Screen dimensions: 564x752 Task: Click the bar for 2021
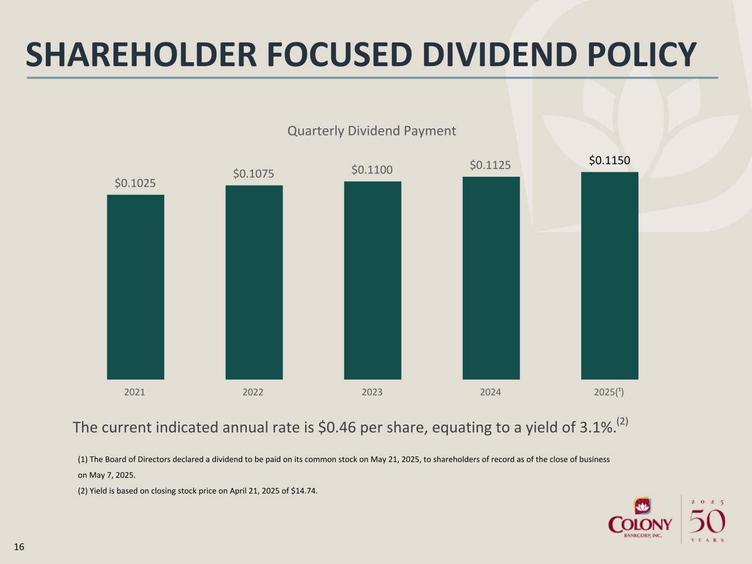coord(135,286)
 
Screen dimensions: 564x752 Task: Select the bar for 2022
coord(254,282)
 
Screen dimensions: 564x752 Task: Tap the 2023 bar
coord(372,280)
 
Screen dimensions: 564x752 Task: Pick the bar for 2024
coord(491,278)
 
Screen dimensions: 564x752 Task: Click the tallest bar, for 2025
coord(609,275)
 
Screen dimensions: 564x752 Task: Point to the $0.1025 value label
coord(135,183)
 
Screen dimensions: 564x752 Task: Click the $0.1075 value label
coord(253,174)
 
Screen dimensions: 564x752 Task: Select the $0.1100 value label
coord(372,170)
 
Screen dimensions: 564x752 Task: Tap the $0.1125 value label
coord(490,165)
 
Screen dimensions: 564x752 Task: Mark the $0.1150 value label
coord(609,160)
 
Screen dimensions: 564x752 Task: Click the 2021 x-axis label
coord(134,392)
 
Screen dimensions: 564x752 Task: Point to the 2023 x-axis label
coord(372,392)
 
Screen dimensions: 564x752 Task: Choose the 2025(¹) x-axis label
coord(609,392)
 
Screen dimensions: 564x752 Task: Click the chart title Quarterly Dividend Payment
coord(372,131)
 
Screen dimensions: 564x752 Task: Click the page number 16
coord(19,547)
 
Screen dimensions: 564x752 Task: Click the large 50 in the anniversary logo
coord(707,521)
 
